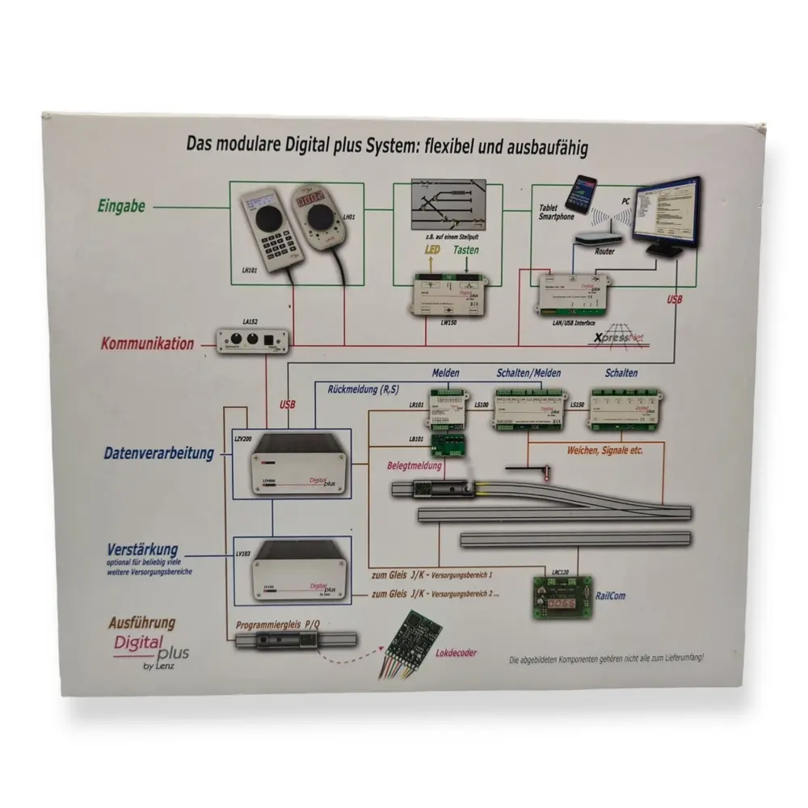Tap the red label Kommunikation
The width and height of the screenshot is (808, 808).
tap(147, 343)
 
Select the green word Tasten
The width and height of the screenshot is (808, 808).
tap(465, 250)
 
